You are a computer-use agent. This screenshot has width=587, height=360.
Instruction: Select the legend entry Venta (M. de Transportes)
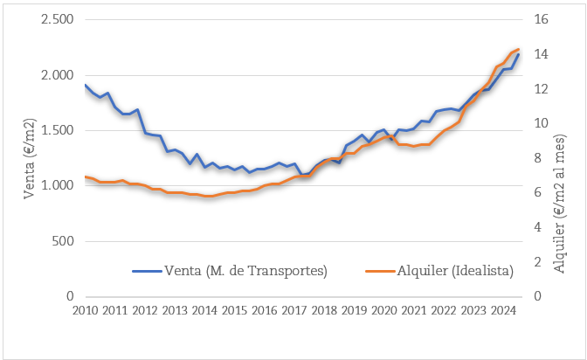point(245,271)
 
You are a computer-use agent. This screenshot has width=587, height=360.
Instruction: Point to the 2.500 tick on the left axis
point(57,19)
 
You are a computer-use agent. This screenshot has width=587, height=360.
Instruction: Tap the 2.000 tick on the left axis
point(57,75)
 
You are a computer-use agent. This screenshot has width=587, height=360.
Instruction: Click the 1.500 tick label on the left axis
point(57,130)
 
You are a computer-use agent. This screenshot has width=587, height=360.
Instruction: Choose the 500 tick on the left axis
point(63,241)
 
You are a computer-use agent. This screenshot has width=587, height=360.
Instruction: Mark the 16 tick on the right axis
point(540,19)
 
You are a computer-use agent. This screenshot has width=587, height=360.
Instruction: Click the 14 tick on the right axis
point(540,54)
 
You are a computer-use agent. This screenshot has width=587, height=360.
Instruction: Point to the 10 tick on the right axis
point(540,123)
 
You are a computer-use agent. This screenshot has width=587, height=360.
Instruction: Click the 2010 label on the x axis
point(85,310)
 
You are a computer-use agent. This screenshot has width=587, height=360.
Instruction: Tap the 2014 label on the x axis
point(204,310)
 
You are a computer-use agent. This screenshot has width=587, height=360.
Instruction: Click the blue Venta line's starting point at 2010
point(86,86)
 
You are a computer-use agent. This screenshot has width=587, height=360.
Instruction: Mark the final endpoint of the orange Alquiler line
point(519,49)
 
